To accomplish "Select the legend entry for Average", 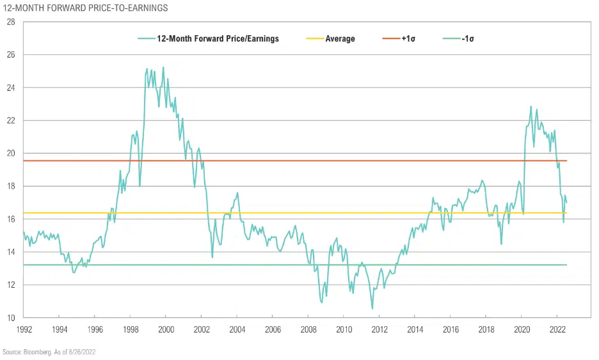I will point(340,39).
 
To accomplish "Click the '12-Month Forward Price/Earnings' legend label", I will point(218,39).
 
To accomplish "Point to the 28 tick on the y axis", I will point(10,22).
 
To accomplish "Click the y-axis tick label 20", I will point(10,153).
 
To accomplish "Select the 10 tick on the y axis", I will point(10,318).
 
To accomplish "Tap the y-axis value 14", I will point(10,252).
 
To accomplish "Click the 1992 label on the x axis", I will point(23,329).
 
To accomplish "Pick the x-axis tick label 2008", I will point(308,329).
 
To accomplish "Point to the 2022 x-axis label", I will point(556,329).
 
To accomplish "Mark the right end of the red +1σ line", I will point(566,160).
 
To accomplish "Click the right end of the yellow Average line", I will point(566,213).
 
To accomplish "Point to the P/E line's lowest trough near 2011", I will point(372,309).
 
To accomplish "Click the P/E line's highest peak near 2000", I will point(163,67).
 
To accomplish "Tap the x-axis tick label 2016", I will point(450,329).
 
